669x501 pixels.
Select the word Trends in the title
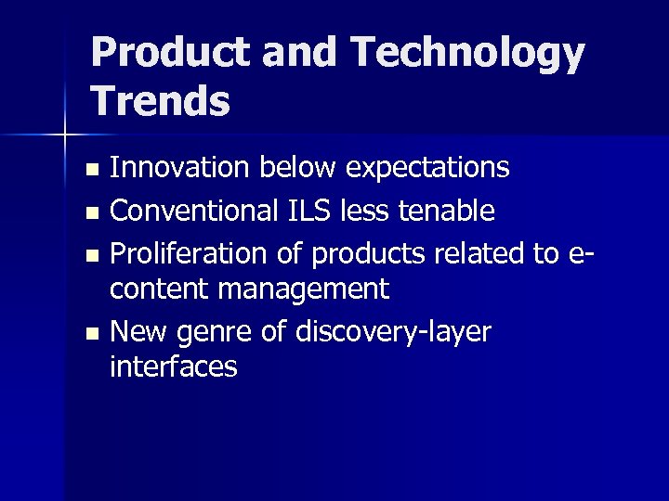point(161,100)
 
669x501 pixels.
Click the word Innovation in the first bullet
point(180,167)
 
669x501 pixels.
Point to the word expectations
point(427,167)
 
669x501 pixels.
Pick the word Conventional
point(190,212)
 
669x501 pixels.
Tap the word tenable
point(446,212)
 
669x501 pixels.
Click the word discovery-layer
point(391,332)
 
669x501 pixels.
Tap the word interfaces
point(173,366)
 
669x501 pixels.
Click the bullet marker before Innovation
point(91,170)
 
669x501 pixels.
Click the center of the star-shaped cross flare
point(65,135)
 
